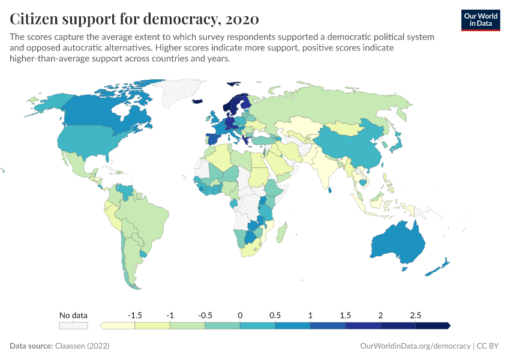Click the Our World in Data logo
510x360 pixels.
pos(481,20)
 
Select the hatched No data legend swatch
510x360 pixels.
pos(73,326)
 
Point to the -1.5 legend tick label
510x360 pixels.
pos(135,315)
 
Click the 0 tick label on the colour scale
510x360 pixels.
pos(240,315)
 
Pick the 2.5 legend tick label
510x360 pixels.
pos(415,315)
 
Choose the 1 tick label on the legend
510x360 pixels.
pos(310,315)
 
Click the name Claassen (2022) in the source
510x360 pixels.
pos(82,346)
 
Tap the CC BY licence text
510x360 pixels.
pos(489,346)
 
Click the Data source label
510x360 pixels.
pos(31,346)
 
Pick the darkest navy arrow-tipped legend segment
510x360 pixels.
pos(433,326)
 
